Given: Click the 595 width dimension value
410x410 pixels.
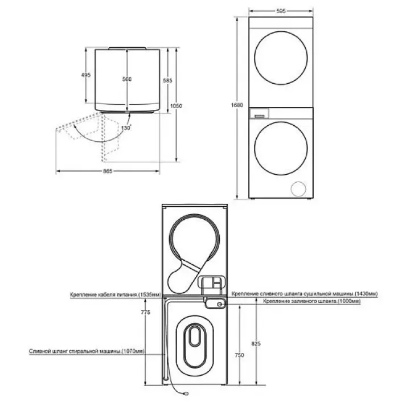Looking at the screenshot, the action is coord(281,11).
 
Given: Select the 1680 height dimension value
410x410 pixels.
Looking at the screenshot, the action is coord(237,105).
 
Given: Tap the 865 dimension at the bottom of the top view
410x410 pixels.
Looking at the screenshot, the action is coord(108,171).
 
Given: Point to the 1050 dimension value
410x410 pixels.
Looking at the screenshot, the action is coord(176,106).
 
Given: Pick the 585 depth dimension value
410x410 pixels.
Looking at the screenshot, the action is coord(167,80).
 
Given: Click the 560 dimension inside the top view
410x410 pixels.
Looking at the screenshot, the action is coord(127,79).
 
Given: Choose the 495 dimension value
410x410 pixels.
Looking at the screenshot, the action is coord(86,75).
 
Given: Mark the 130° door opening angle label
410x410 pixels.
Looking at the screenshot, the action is coord(126,128).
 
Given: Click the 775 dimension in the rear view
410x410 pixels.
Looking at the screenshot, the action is coord(146,312).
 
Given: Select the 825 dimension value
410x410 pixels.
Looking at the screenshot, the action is coord(256,343).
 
